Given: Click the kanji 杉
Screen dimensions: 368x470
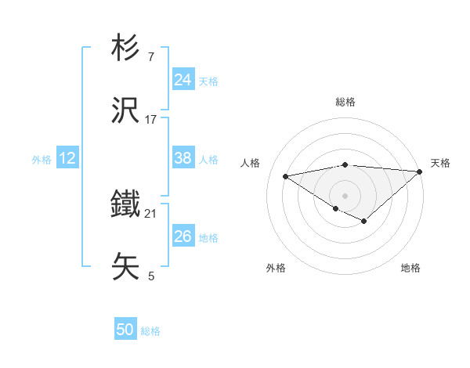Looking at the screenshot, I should coord(127,49).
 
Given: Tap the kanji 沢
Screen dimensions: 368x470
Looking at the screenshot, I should coord(127,111).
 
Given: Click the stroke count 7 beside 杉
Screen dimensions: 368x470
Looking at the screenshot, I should coord(150,58).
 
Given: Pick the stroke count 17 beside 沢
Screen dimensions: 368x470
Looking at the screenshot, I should coord(151,120).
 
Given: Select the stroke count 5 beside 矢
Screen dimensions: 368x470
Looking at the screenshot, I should coord(150,276).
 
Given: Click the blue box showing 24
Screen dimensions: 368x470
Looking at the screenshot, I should coord(183,80).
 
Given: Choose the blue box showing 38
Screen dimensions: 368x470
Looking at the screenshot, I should coord(183,158).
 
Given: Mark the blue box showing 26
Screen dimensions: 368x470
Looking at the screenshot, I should coord(183,236).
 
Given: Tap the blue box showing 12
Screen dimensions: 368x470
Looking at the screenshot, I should coord(67,158).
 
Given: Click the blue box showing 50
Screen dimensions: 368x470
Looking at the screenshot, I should coord(125,330).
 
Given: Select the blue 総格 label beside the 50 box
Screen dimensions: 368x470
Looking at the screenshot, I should coord(150,331).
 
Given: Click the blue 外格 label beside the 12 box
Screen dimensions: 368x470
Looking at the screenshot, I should coord(42,160).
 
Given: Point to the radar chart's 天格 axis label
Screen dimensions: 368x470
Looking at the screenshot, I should coord(440,163).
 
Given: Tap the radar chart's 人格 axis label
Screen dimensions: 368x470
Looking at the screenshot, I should coord(251,163).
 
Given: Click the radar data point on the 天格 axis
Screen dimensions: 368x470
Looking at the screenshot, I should coord(420,171).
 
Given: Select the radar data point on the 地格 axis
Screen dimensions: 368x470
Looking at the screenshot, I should coord(363,221).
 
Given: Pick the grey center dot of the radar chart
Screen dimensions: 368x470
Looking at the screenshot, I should coord(345,194).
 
